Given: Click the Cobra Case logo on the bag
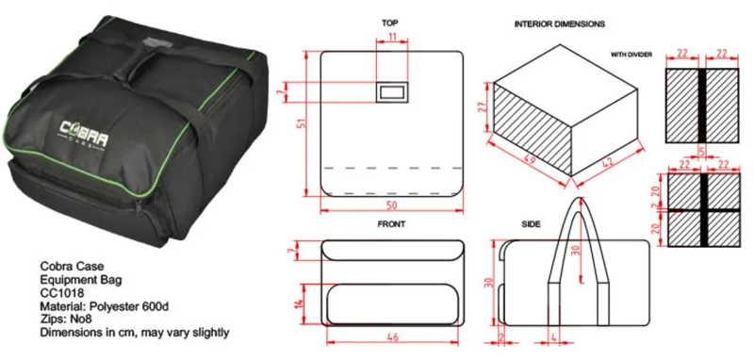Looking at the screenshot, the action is coord(84,132).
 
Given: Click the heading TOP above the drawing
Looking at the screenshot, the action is coord(389,23).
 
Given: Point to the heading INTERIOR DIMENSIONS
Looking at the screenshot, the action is coord(560,24).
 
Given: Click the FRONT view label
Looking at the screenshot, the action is coord(391,224).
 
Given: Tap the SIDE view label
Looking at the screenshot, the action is coord(531,224).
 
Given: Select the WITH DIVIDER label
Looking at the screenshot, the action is coord(631,55).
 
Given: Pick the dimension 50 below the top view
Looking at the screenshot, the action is coord(391,205).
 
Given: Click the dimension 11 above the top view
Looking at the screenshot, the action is coord(392,36).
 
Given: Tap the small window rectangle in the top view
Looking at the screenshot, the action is coord(392,91).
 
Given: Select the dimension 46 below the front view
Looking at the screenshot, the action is coord(392,338).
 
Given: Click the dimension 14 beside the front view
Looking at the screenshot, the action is coord(300,303).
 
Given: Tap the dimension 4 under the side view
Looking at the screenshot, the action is coord(553,338).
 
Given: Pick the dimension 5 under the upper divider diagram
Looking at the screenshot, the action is coord(702,151).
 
